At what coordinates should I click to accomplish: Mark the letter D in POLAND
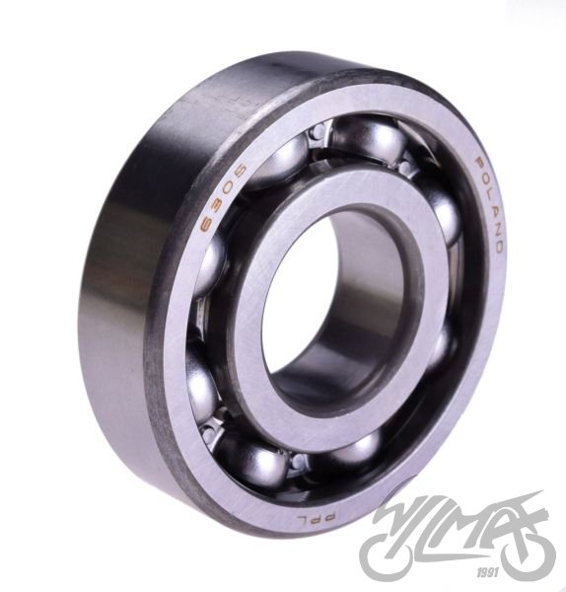click(x=495, y=246)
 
